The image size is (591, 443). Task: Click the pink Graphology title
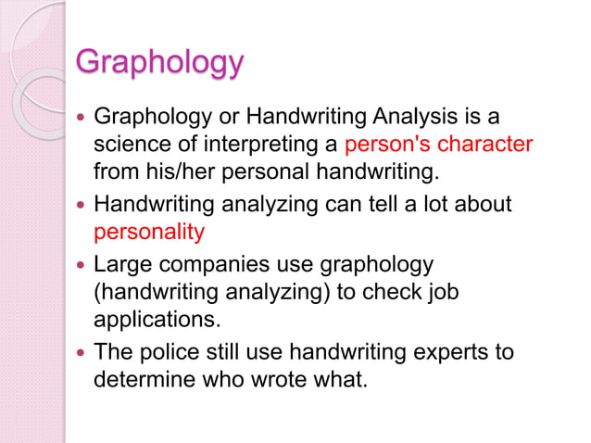click(159, 63)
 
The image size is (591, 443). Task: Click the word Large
click(125, 264)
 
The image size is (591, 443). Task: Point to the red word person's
click(384, 146)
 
